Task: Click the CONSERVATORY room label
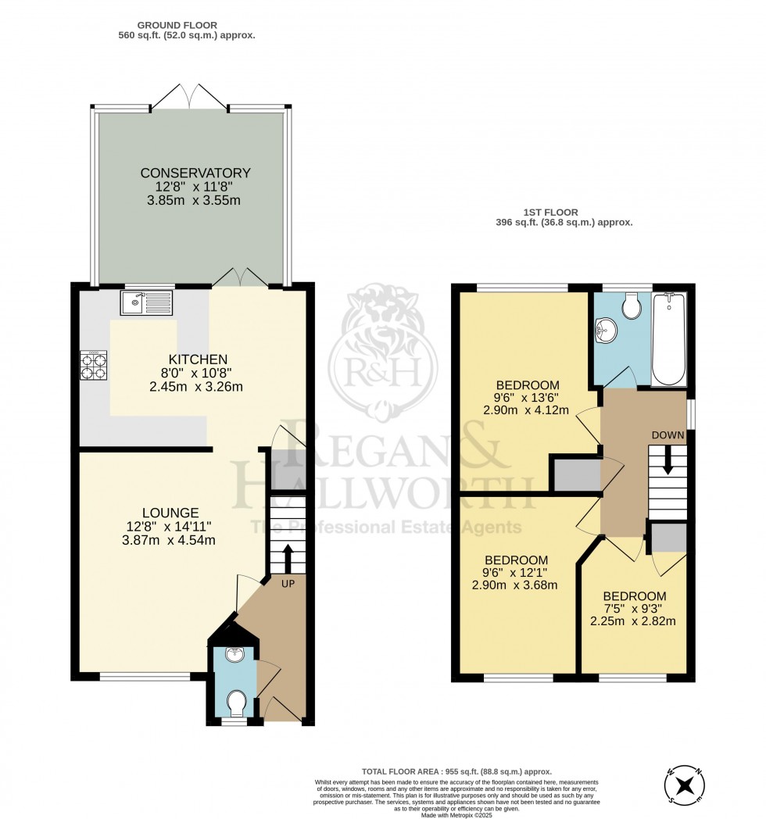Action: pos(195,173)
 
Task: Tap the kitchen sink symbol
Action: pos(145,302)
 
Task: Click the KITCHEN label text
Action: pos(185,359)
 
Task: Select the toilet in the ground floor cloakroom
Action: pos(234,703)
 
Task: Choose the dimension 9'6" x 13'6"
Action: pos(528,397)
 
